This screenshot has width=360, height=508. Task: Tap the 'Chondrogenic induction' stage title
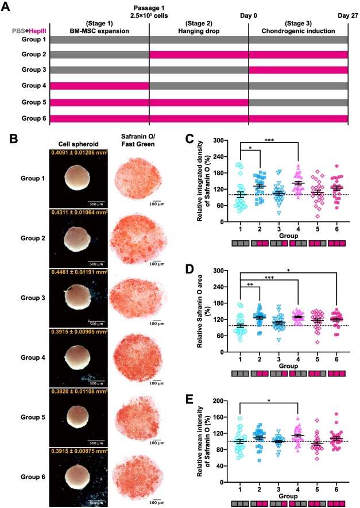pyautogui.click(x=298, y=30)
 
